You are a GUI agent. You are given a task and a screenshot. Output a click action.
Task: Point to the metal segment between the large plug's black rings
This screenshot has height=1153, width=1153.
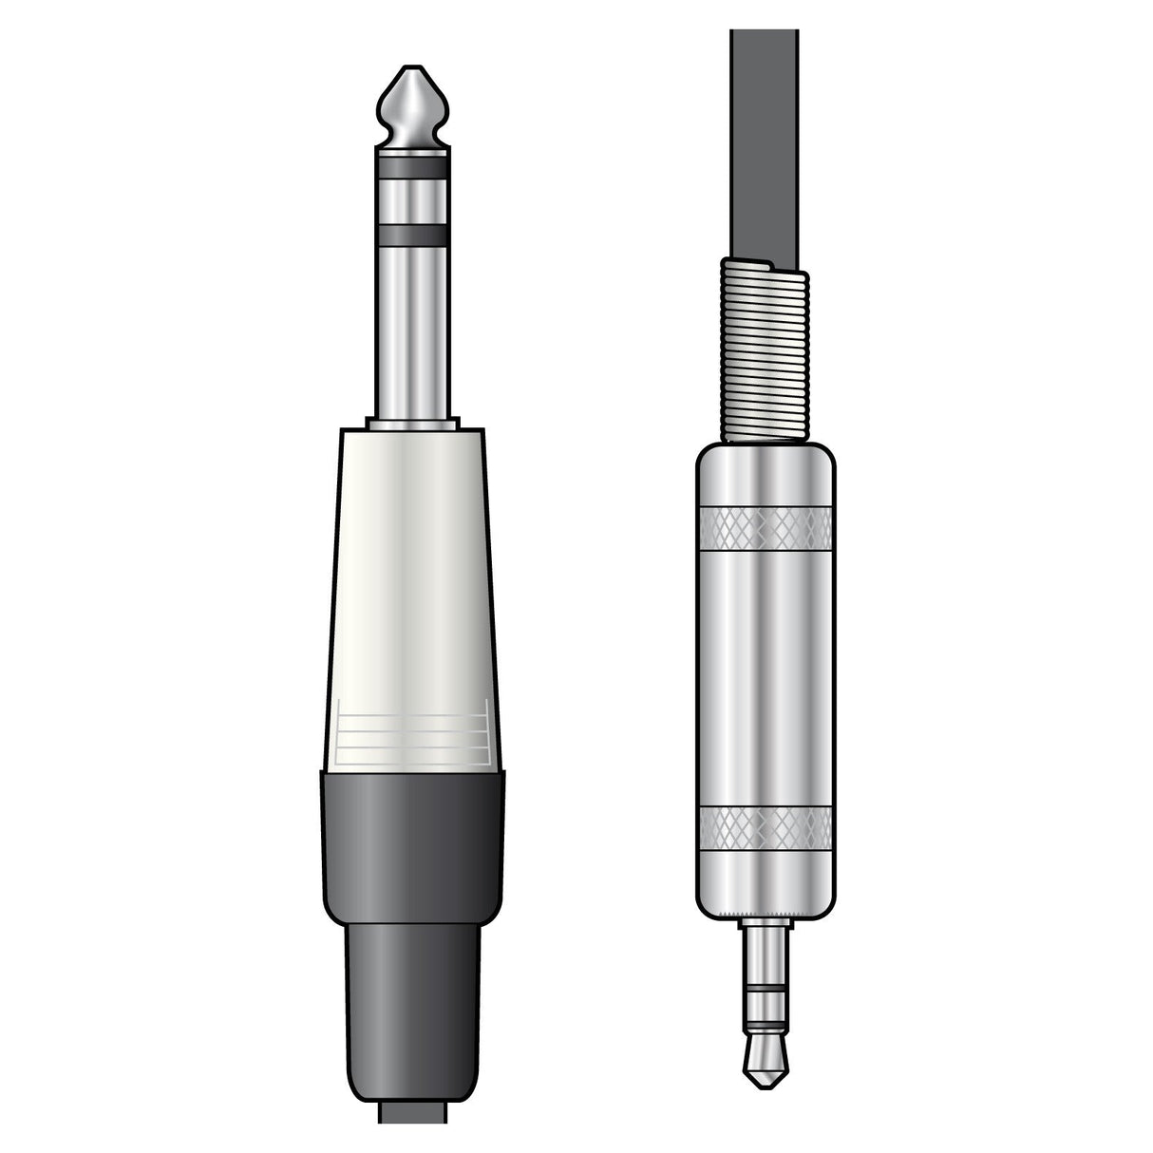pos(412,199)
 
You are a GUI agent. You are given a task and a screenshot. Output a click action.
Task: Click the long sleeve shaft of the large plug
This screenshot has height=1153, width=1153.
pos(412,332)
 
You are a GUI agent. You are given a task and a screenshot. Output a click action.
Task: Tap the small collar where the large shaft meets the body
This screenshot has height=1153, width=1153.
pos(412,424)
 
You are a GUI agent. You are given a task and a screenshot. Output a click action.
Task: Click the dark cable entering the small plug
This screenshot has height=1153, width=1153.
pos(765,142)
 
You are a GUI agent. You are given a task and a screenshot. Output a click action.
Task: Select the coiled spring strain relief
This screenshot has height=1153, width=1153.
pos(766,351)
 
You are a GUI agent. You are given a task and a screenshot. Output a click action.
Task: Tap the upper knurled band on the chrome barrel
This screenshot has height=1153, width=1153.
pos(766,528)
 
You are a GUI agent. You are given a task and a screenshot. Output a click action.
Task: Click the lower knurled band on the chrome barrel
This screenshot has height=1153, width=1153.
pos(766,827)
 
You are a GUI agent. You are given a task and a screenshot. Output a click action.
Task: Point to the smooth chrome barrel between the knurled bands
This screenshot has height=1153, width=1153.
pos(766,674)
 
